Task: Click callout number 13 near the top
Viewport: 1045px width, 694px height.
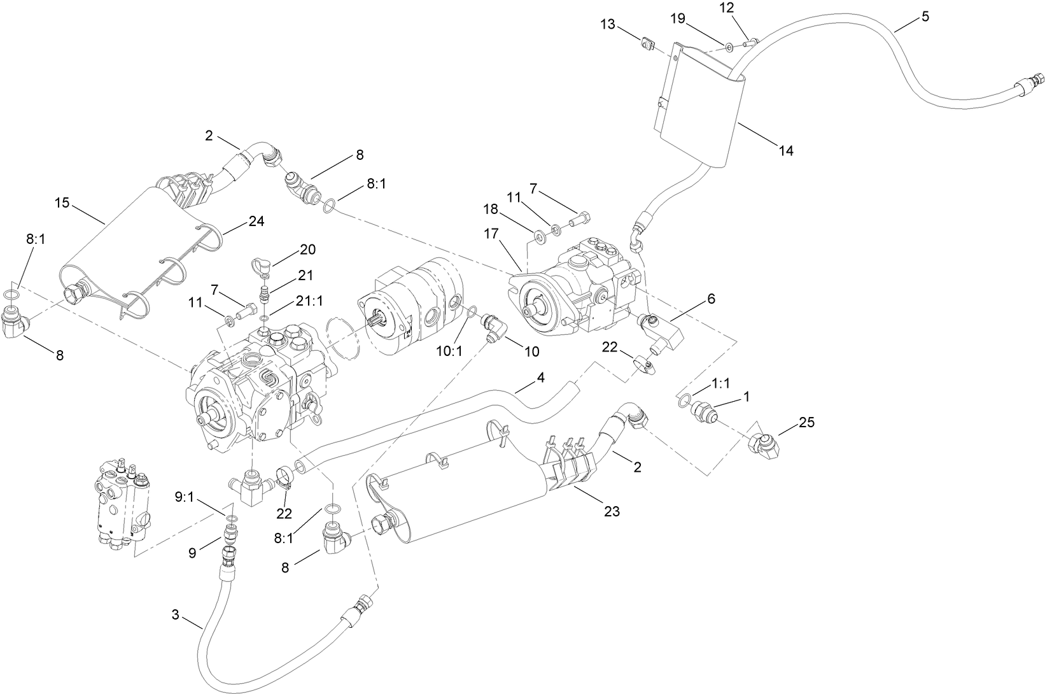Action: click(x=607, y=24)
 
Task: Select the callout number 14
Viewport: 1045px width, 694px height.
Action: click(x=785, y=151)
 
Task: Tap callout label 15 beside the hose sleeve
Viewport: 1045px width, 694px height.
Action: click(x=62, y=202)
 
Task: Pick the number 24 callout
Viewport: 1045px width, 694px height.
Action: click(x=256, y=221)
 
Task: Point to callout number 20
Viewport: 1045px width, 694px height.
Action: click(x=307, y=249)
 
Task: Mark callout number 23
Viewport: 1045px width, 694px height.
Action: click(x=612, y=511)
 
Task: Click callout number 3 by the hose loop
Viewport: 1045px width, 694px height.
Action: click(x=176, y=614)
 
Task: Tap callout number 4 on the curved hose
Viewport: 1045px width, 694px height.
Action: click(x=540, y=377)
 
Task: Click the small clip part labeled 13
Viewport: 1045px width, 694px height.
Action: click(x=647, y=45)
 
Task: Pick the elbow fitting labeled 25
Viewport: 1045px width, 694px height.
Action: click(x=763, y=444)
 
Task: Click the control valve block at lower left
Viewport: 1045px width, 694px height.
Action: click(x=122, y=501)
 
